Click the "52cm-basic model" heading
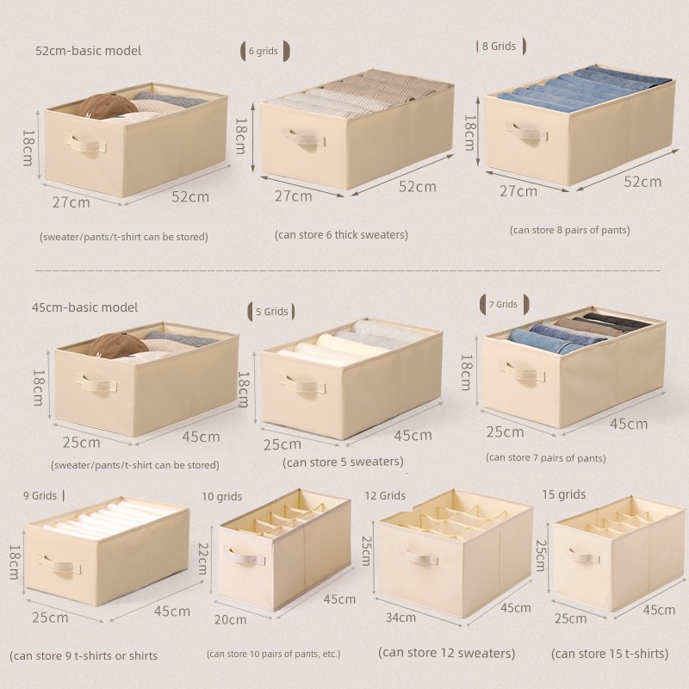(x=89, y=51)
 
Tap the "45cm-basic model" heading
(x=84, y=307)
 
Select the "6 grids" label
(x=264, y=51)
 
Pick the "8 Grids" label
(x=499, y=47)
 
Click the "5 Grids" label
(x=272, y=312)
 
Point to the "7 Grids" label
(x=503, y=304)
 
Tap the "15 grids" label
(x=564, y=494)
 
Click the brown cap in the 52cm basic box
(x=109, y=106)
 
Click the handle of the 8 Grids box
(x=527, y=132)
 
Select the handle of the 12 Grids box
(x=419, y=556)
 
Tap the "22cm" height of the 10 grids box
(x=202, y=558)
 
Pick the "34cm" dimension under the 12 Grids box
(x=400, y=618)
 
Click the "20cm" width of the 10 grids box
(x=230, y=619)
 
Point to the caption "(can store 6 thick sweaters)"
(x=341, y=234)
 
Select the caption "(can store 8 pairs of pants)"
(x=570, y=230)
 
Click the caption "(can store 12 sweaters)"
(x=446, y=653)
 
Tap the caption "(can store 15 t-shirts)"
(x=610, y=654)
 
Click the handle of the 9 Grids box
(x=59, y=563)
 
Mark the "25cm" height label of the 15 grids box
(x=541, y=556)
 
